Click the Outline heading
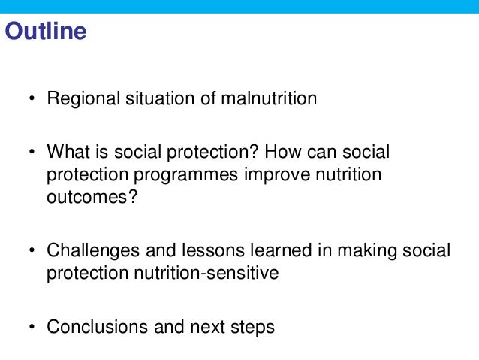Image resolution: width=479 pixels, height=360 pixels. click(x=46, y=32)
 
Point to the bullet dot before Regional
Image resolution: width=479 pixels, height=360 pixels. click(x=32, y=99)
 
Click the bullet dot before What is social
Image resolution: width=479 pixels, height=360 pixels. click(x=32, y=153)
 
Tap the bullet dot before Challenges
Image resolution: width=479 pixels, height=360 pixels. click(x=32, y=251)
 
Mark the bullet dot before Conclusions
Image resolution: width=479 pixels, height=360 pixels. click(x=32, y=328)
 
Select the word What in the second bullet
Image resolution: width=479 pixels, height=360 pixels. click(x=65, y=152)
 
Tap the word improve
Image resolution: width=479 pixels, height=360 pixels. click(x=276, y=175)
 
